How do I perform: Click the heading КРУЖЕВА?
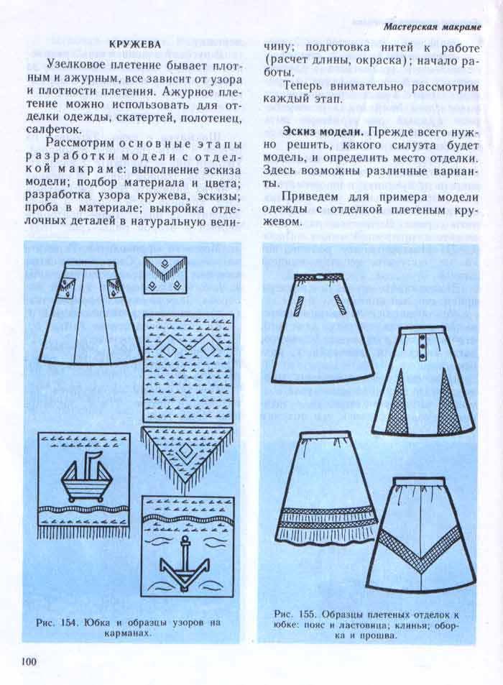[x=134, y=45]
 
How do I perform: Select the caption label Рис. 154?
[x=57, y=622]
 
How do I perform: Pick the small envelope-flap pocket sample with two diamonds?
[x=164, y=277]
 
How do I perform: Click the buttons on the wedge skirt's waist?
[x=423, y=349]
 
